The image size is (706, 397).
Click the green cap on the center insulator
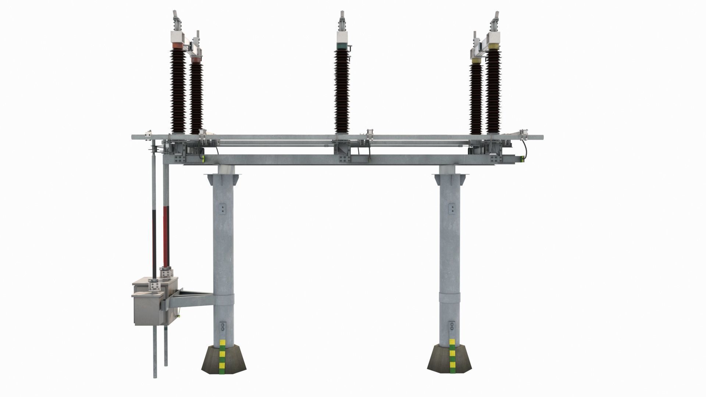pyautogui.click(x=342, y=46)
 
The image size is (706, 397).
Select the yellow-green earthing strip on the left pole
pyautogui.click(x=222, y=355)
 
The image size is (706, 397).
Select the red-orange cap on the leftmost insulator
pyautogui.click(x=178, y=45)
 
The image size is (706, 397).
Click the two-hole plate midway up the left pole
pyautogui.click(x=222, y=210)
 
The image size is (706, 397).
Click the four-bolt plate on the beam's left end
pyautogui.click(x=180, y=159)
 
